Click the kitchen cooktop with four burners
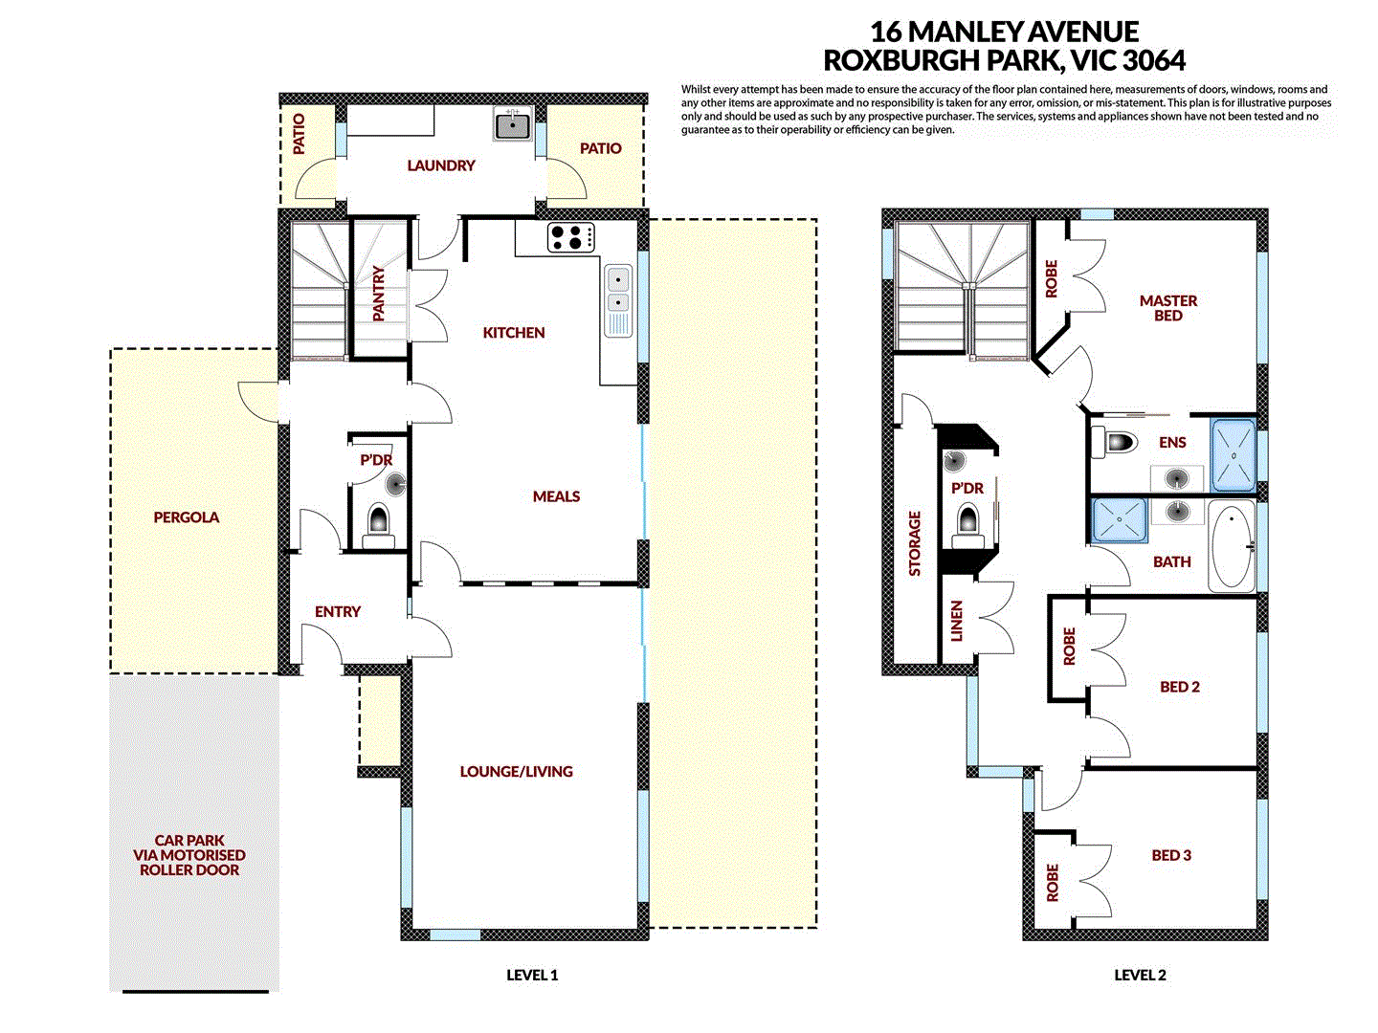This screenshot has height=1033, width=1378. pyautogui.click(x=570, y=236)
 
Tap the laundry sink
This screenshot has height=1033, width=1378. pyautogui.click(x=513, y=124)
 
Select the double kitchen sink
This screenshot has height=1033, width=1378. pyautogui.click(x=618, y=291)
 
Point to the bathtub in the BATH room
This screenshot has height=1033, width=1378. pyautogui.click(x=1232, y=547)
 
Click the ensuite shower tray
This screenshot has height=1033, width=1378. pyautogui.click(x=1234, y=454)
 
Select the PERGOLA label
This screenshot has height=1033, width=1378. pyautogui.click(x=187, y=517)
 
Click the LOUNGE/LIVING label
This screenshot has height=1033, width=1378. pyautogui.click(x=516, y=771)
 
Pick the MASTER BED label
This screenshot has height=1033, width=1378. pyautogui.click(x=1167, y=307)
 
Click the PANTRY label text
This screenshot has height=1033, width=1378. pyautogui.click(x=379, y=294)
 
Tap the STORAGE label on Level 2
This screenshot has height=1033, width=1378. pyautogui.click(x=915, y=543)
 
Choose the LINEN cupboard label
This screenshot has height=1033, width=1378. pyautogui.click(x=957, y=620)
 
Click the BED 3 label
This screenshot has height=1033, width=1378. pyautogui.click(x=1171, y=855)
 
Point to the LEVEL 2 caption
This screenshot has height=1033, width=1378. pyautogui.click(x=1140, y=975)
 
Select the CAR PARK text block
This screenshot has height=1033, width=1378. pyautogui.click(x=189, y=855)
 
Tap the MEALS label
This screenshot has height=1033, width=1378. pyautogui.click(x=556, y=496)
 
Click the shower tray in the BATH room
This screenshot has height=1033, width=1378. pyautogui.click(x=1120, y=520)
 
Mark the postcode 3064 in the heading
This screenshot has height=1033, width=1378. pyautogui.click(x=1153, y=60)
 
